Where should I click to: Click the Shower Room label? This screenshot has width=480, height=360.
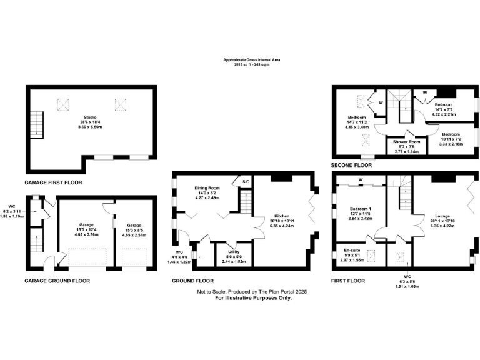click(406, 142)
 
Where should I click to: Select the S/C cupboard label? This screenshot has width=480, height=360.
click(246, 182)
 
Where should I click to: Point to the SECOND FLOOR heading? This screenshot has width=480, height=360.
click(351, 166)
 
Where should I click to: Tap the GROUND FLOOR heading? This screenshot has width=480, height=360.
click(192, 281)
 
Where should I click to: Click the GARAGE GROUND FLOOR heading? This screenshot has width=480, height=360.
click(57, 281)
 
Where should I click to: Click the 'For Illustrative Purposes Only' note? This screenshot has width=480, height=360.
click(253, 298)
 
